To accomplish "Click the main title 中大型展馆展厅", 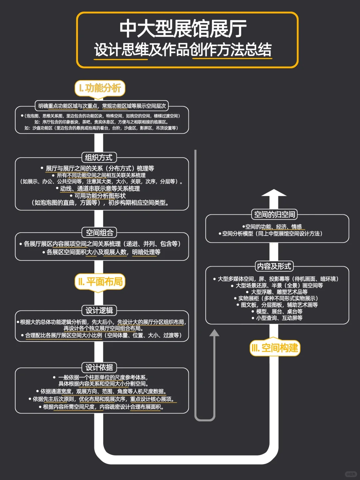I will [183, 29].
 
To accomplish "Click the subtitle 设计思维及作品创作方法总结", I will [183, 50].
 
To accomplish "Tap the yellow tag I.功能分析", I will [100, 88].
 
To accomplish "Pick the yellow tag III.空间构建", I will [275, 348].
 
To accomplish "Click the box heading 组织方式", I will [99, 158].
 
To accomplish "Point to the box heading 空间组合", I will [99, 233].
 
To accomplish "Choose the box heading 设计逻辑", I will [99, 311].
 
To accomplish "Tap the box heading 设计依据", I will [99, 368].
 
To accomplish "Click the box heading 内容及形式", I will [274, 266].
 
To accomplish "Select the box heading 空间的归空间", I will [274, 214].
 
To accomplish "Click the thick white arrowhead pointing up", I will [274, 193].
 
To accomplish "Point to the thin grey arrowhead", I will [214, 333].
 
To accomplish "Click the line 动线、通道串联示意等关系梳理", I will [99, 189].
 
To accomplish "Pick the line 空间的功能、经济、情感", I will [273, 227].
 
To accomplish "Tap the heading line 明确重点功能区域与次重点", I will [102, 106].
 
